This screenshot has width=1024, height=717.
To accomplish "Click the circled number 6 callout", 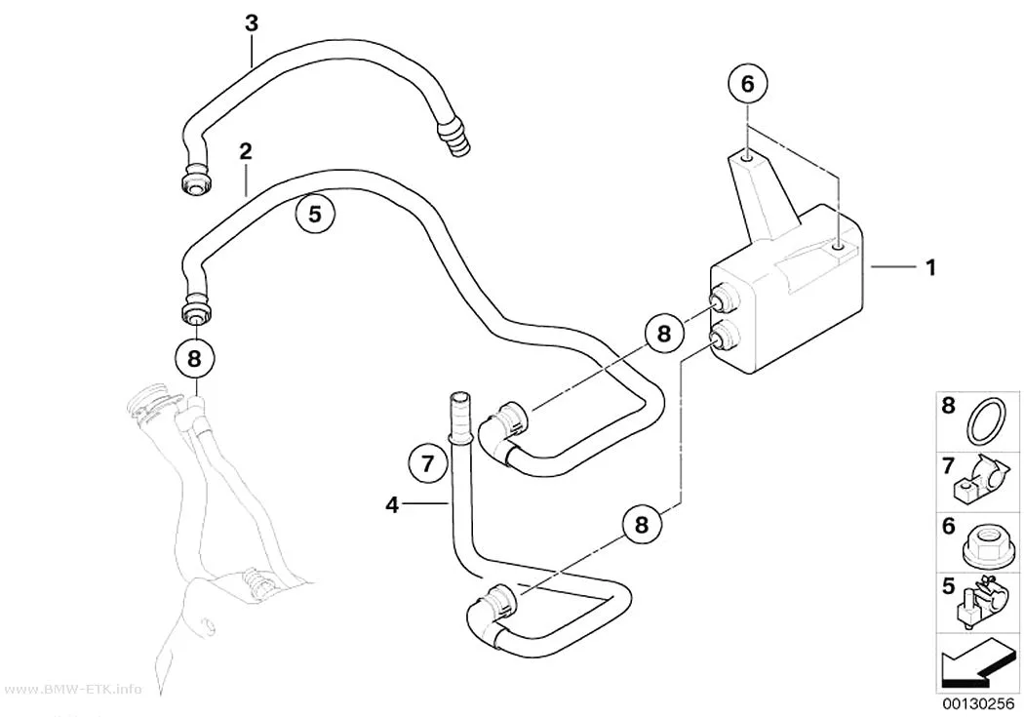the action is pos(747,84).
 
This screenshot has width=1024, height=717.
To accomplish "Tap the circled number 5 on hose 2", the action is pos(315,214).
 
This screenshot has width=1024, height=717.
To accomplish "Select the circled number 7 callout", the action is pos(428,464).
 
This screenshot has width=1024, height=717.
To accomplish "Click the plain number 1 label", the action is pos(930,267).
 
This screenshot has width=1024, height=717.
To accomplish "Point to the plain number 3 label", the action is pos(252,23).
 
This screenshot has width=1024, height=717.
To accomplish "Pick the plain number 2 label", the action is pos(246,151).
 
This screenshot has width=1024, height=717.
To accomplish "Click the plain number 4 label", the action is pos(392,504).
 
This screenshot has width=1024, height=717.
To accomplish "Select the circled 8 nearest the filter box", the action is pos(664,334).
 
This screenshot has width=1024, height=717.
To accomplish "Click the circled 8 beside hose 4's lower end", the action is pos(641,525).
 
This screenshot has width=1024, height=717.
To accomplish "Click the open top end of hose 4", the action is pos(458,397).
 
